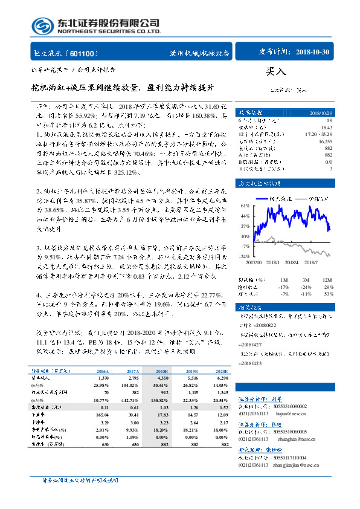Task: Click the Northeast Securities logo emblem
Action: tap(42, 26)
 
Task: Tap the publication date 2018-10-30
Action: tap(314, 53)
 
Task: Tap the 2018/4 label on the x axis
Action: tap(291, 262)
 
